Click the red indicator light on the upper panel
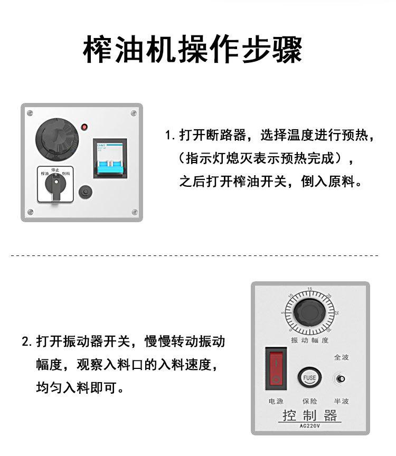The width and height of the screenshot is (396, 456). (x=84, y=127)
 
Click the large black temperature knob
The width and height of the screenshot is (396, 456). (x=56, y=139)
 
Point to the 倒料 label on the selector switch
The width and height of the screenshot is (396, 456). (x=67, y=173)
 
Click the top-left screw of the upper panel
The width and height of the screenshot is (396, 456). (x=30, y=112)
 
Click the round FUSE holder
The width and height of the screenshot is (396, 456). (x=309, y=377)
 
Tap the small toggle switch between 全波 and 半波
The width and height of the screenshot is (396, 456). (x=341, y=379)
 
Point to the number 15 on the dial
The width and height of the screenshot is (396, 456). (x=310, y=289)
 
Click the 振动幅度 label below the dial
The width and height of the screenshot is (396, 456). (x=309, y=340)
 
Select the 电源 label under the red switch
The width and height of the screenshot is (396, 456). (x=276, y=401)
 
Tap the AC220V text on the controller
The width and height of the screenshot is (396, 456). (x=310, y=427)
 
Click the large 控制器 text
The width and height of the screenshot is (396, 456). (x=309, y=416)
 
